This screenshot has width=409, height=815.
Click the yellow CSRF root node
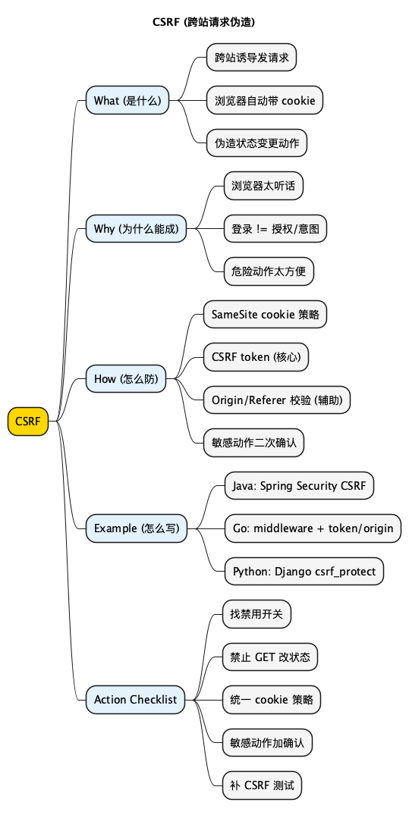point(28,422)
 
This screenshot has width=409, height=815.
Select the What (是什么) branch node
point(127,100)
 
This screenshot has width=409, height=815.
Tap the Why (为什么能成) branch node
point(137,228)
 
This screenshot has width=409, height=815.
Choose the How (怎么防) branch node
point(126,379)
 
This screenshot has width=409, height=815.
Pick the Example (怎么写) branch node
point(136,528)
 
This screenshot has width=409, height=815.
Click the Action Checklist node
point(136,700)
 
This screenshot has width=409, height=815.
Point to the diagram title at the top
point(204,22)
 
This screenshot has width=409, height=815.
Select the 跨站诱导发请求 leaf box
point(251,58)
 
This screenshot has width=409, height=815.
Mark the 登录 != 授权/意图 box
point(275,228)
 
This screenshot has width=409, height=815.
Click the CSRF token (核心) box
point(256,357)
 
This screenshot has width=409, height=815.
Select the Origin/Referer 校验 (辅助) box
point(277,400)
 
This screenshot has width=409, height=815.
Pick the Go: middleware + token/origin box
point(313,528)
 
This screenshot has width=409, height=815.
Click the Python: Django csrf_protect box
point(304,572)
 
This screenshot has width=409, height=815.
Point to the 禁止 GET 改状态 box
point(270,657)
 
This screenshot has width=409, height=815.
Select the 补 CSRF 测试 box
point(262,785)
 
